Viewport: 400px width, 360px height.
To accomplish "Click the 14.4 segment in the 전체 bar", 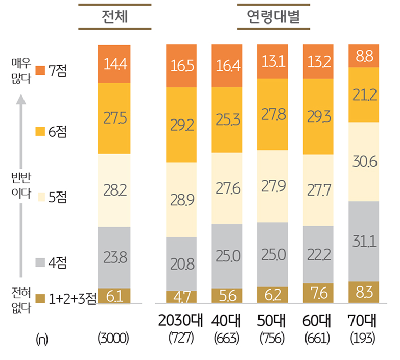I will point(114,64).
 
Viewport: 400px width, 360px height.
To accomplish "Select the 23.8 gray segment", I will point(114,257).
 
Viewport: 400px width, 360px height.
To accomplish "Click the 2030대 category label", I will point(181,323).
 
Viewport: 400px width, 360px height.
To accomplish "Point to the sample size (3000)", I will point(113,339).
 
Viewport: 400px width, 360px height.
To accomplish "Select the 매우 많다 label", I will point(21,70).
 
